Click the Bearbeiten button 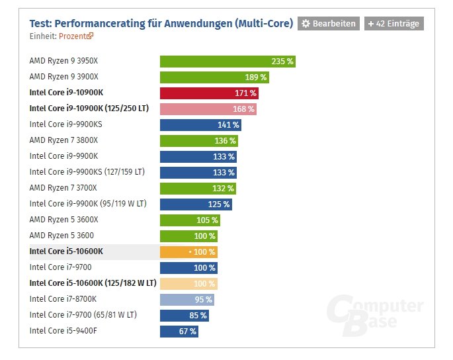(329, 24)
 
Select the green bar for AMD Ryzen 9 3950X (227, 62)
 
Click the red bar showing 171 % (204, 93)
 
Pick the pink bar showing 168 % (208, 109)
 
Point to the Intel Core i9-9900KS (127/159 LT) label (87, 172)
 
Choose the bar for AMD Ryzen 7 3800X (198, 140)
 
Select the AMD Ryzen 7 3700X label (63, 188)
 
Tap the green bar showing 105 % (189, 220)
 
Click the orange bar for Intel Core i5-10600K (188, 251)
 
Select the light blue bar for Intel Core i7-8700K (187, 299)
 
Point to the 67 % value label (187, 331)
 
